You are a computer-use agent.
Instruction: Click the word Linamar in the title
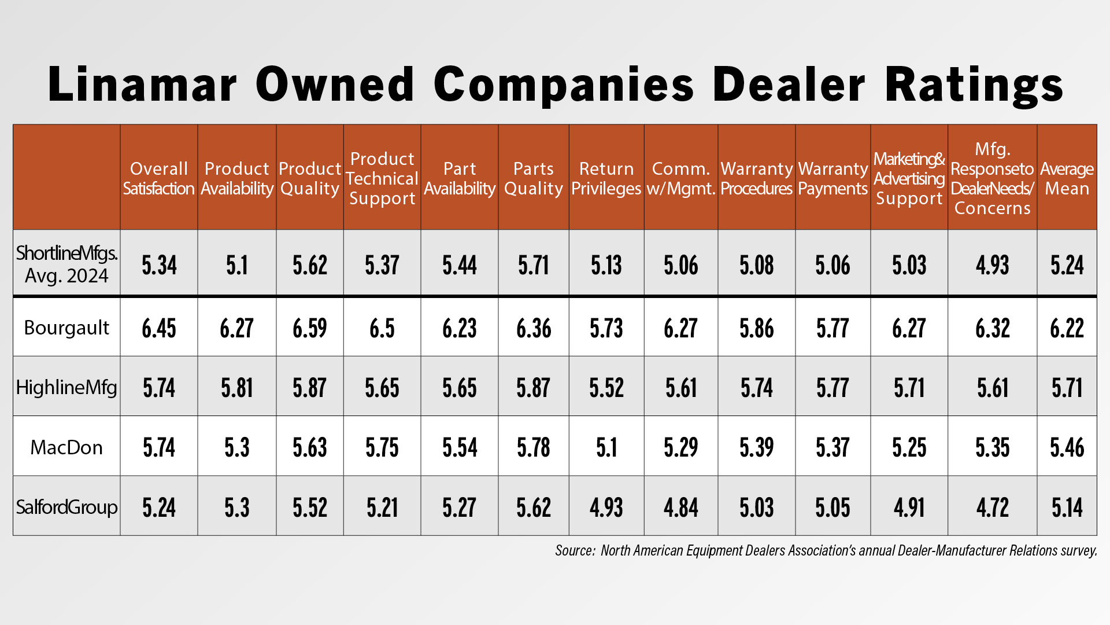tap(142, 84)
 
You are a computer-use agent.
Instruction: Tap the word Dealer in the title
tap(789, 84)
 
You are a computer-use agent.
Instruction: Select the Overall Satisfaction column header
tap(159, 178)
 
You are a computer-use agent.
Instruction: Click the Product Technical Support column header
tap(382, 178)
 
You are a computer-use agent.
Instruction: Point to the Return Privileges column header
tap(606, 178)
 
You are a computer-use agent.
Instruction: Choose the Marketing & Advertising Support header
tap(909, 178)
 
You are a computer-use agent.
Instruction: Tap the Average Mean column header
tap(1067, 178)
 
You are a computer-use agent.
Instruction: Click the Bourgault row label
tap(66, 328)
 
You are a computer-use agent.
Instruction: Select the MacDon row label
tap(66, 447)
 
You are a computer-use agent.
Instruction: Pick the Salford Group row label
tap(66, 507)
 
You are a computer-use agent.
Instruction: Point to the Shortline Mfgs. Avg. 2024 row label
tap(66, 264)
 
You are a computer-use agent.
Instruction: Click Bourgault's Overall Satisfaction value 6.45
tap(159, 328)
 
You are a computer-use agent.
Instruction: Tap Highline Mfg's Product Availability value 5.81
tap(237, 388)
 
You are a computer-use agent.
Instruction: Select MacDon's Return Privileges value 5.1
tap(606, 447)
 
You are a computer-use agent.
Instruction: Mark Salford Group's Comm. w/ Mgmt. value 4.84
tap(681, 508)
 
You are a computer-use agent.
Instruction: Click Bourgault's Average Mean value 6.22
tap(1067, 328)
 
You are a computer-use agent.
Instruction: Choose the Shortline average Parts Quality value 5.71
tap(534, 265)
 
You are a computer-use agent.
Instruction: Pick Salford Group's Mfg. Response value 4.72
tap(993, 508)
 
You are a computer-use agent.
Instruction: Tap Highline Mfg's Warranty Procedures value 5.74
tap(757, 388)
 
